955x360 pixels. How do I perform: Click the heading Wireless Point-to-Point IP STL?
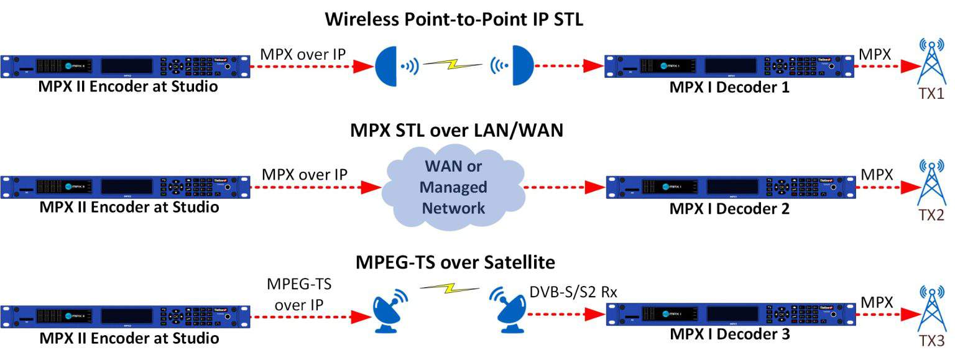(x=454, y=20)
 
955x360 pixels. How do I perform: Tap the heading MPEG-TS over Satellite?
(x=455, y=262)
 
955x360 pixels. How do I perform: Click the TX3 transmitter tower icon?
(x=931, y=311)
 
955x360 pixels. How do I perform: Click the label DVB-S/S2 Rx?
(x=573, y=291)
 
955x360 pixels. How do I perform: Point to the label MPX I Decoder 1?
(x=729, y=88)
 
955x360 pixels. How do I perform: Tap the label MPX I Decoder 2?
(x=729, y=209)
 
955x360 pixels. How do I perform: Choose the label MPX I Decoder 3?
(x=729, y=335)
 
